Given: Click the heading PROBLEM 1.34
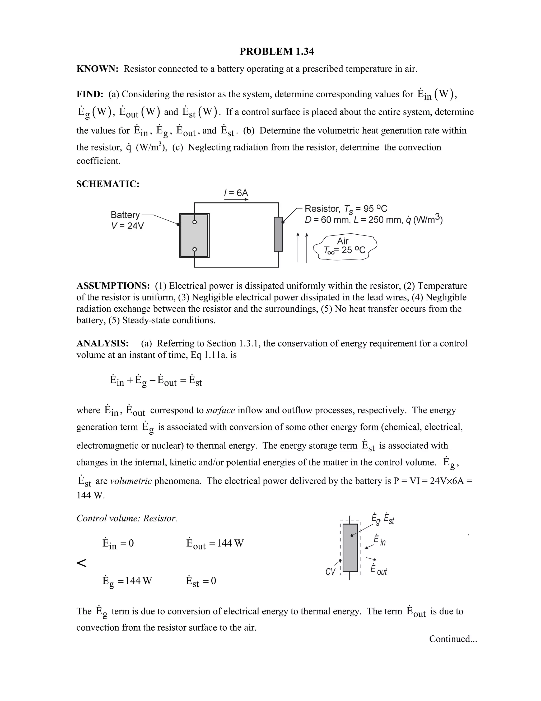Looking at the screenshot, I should pos(277,51).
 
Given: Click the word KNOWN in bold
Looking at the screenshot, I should pos(97,69).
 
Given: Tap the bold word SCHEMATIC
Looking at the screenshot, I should pos(108,184).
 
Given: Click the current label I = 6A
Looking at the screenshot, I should pos(236,193).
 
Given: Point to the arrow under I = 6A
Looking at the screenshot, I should pos(236,199).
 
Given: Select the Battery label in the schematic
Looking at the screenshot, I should pos(125,215).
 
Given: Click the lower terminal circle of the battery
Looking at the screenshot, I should pos(194,250).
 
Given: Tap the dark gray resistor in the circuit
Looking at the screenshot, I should pos(278,234).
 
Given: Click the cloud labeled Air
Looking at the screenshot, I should pos(345,245).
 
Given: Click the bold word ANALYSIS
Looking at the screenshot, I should pos(102,343).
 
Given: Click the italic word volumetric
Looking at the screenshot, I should pos(131,481).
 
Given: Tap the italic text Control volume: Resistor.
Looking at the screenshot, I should pos(127,518).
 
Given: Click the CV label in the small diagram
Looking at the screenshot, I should pos(330,572).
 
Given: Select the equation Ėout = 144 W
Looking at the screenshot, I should pos(215,543).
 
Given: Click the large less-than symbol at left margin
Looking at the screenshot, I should pos(82,563).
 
